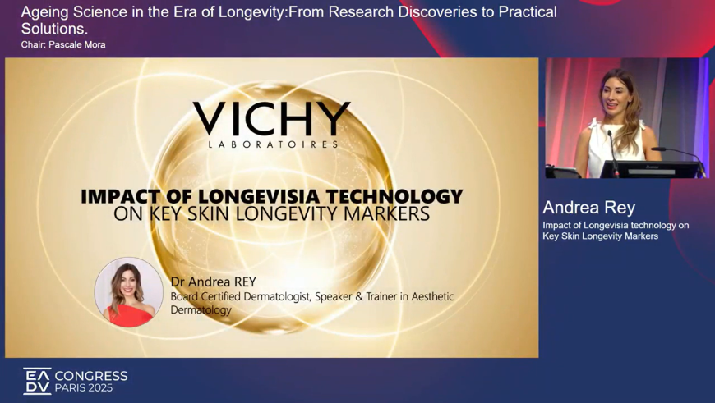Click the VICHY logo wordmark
pyautogui.click(x=272, y=118)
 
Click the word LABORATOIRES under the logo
pyautogui.click(x=274, y=144)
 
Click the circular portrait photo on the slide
pyautogui.click(x=128, y=292)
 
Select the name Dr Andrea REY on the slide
pyautogui.click(x=214, y=282)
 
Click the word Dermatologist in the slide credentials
pyautogui.click(x=277, y=296)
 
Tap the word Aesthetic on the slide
pyautogui.click(x=433, y=296)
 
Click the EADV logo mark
pyautogui.click(x=37, y=381)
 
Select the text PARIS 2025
pyautogui.click(x=84, y=388)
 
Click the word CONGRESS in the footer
pyautogui.click(x=91, y=376)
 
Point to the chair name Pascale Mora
pyautogui.click(x=77, y=44)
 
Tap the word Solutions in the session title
pyautogui.click(x=53, y=29)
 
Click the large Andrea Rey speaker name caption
pyautogui.click(x=588, y=208)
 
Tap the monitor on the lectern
pyautogui.click(x=650, y=169)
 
